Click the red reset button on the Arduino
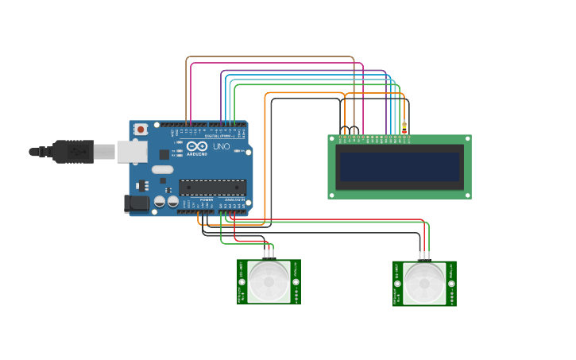(141, 129)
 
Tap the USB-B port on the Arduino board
(132, 151)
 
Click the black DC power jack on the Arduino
(137, 203)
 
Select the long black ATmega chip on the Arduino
(212, 188)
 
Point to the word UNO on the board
(221, 146)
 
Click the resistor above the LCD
(404, 127)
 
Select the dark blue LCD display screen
(400, 167)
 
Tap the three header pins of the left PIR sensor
(269, 254)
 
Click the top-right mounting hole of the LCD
(467, 139)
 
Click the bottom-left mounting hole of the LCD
(332, 194)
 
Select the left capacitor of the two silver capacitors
(160, 202)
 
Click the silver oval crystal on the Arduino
(162, 169)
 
